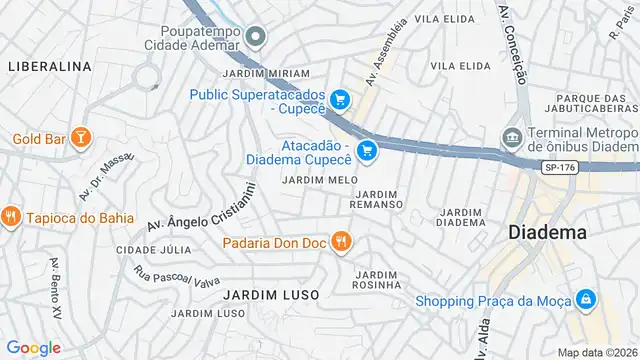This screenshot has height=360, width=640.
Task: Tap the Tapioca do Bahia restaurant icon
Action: (x=12, y=215)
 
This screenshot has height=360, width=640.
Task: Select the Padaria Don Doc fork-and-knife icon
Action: (x=341, y=240)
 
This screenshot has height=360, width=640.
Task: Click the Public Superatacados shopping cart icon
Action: (x=341, y=98)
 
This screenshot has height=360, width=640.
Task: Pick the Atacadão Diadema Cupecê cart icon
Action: (x=367, y=151)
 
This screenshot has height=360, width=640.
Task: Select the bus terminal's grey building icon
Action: (x=513, y=136)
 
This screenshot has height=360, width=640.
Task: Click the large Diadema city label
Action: (x=547, y=232)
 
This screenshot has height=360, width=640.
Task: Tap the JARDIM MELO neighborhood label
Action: (x=319, y=180)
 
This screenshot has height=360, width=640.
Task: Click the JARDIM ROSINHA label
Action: (x=376, y=281)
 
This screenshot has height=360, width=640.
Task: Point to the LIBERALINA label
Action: (x=49, y=66)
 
